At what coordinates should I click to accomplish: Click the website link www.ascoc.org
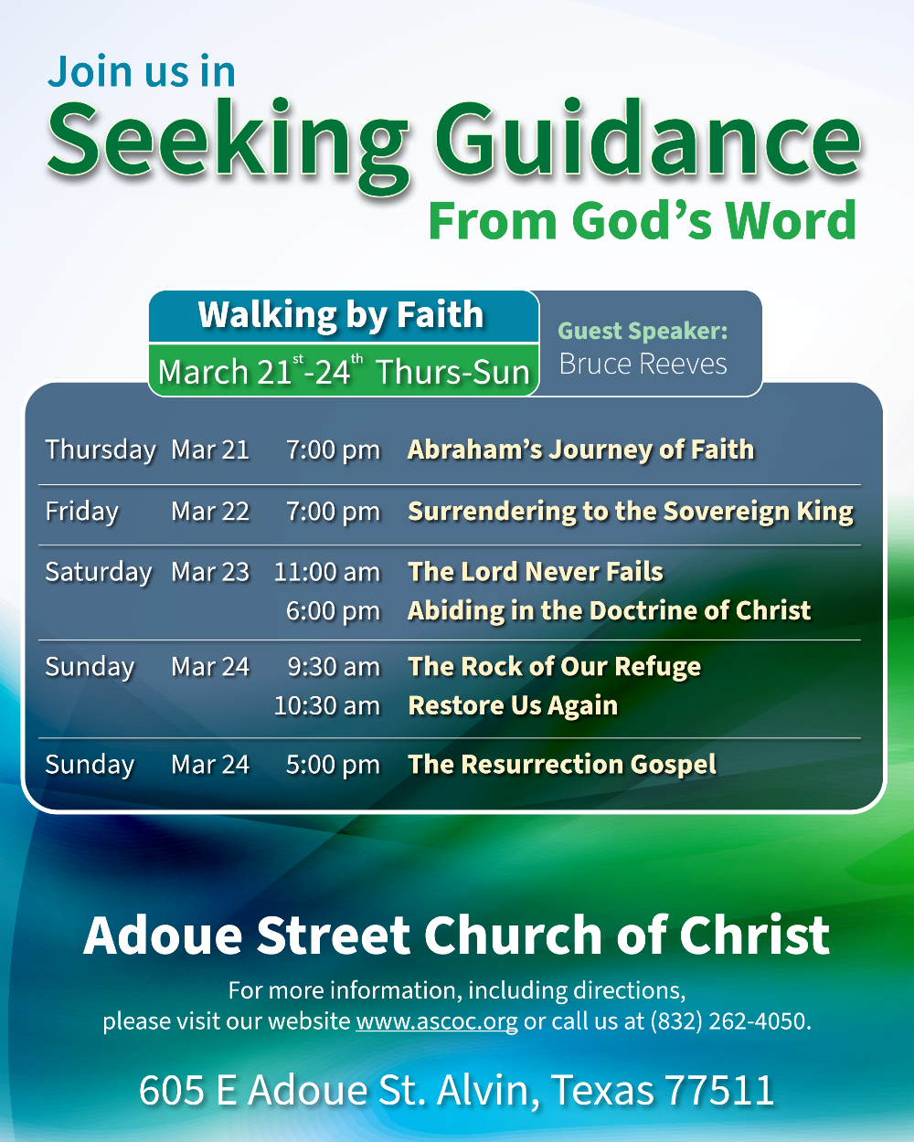pos(437,1021)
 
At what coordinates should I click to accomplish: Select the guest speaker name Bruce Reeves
pos(643,364)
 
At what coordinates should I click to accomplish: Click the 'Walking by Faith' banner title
pos(341,315)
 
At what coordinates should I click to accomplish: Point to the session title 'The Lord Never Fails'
pos(536,572)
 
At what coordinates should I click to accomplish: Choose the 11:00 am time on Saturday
pos(327,573)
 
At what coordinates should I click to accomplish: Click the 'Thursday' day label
pos(101,450)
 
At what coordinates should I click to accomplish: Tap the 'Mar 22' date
pos(210,512)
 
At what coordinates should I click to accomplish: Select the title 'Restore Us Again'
pos(513,706)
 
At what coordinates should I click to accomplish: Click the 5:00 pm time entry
pos(333,765)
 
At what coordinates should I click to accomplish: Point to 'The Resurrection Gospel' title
pos(562,765)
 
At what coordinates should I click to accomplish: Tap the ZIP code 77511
pos(719,1090)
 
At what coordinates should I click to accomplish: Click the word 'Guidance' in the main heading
pos(647,139)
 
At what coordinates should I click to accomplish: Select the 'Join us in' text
pos(142,71)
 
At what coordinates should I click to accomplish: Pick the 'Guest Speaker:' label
pos(643,331)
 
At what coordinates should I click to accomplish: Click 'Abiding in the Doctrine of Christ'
pos(609,611)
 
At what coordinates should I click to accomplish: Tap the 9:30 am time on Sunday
pos(334,667)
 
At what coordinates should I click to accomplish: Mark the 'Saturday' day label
pos(98,573)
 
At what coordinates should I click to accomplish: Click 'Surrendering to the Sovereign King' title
pos(631,513)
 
